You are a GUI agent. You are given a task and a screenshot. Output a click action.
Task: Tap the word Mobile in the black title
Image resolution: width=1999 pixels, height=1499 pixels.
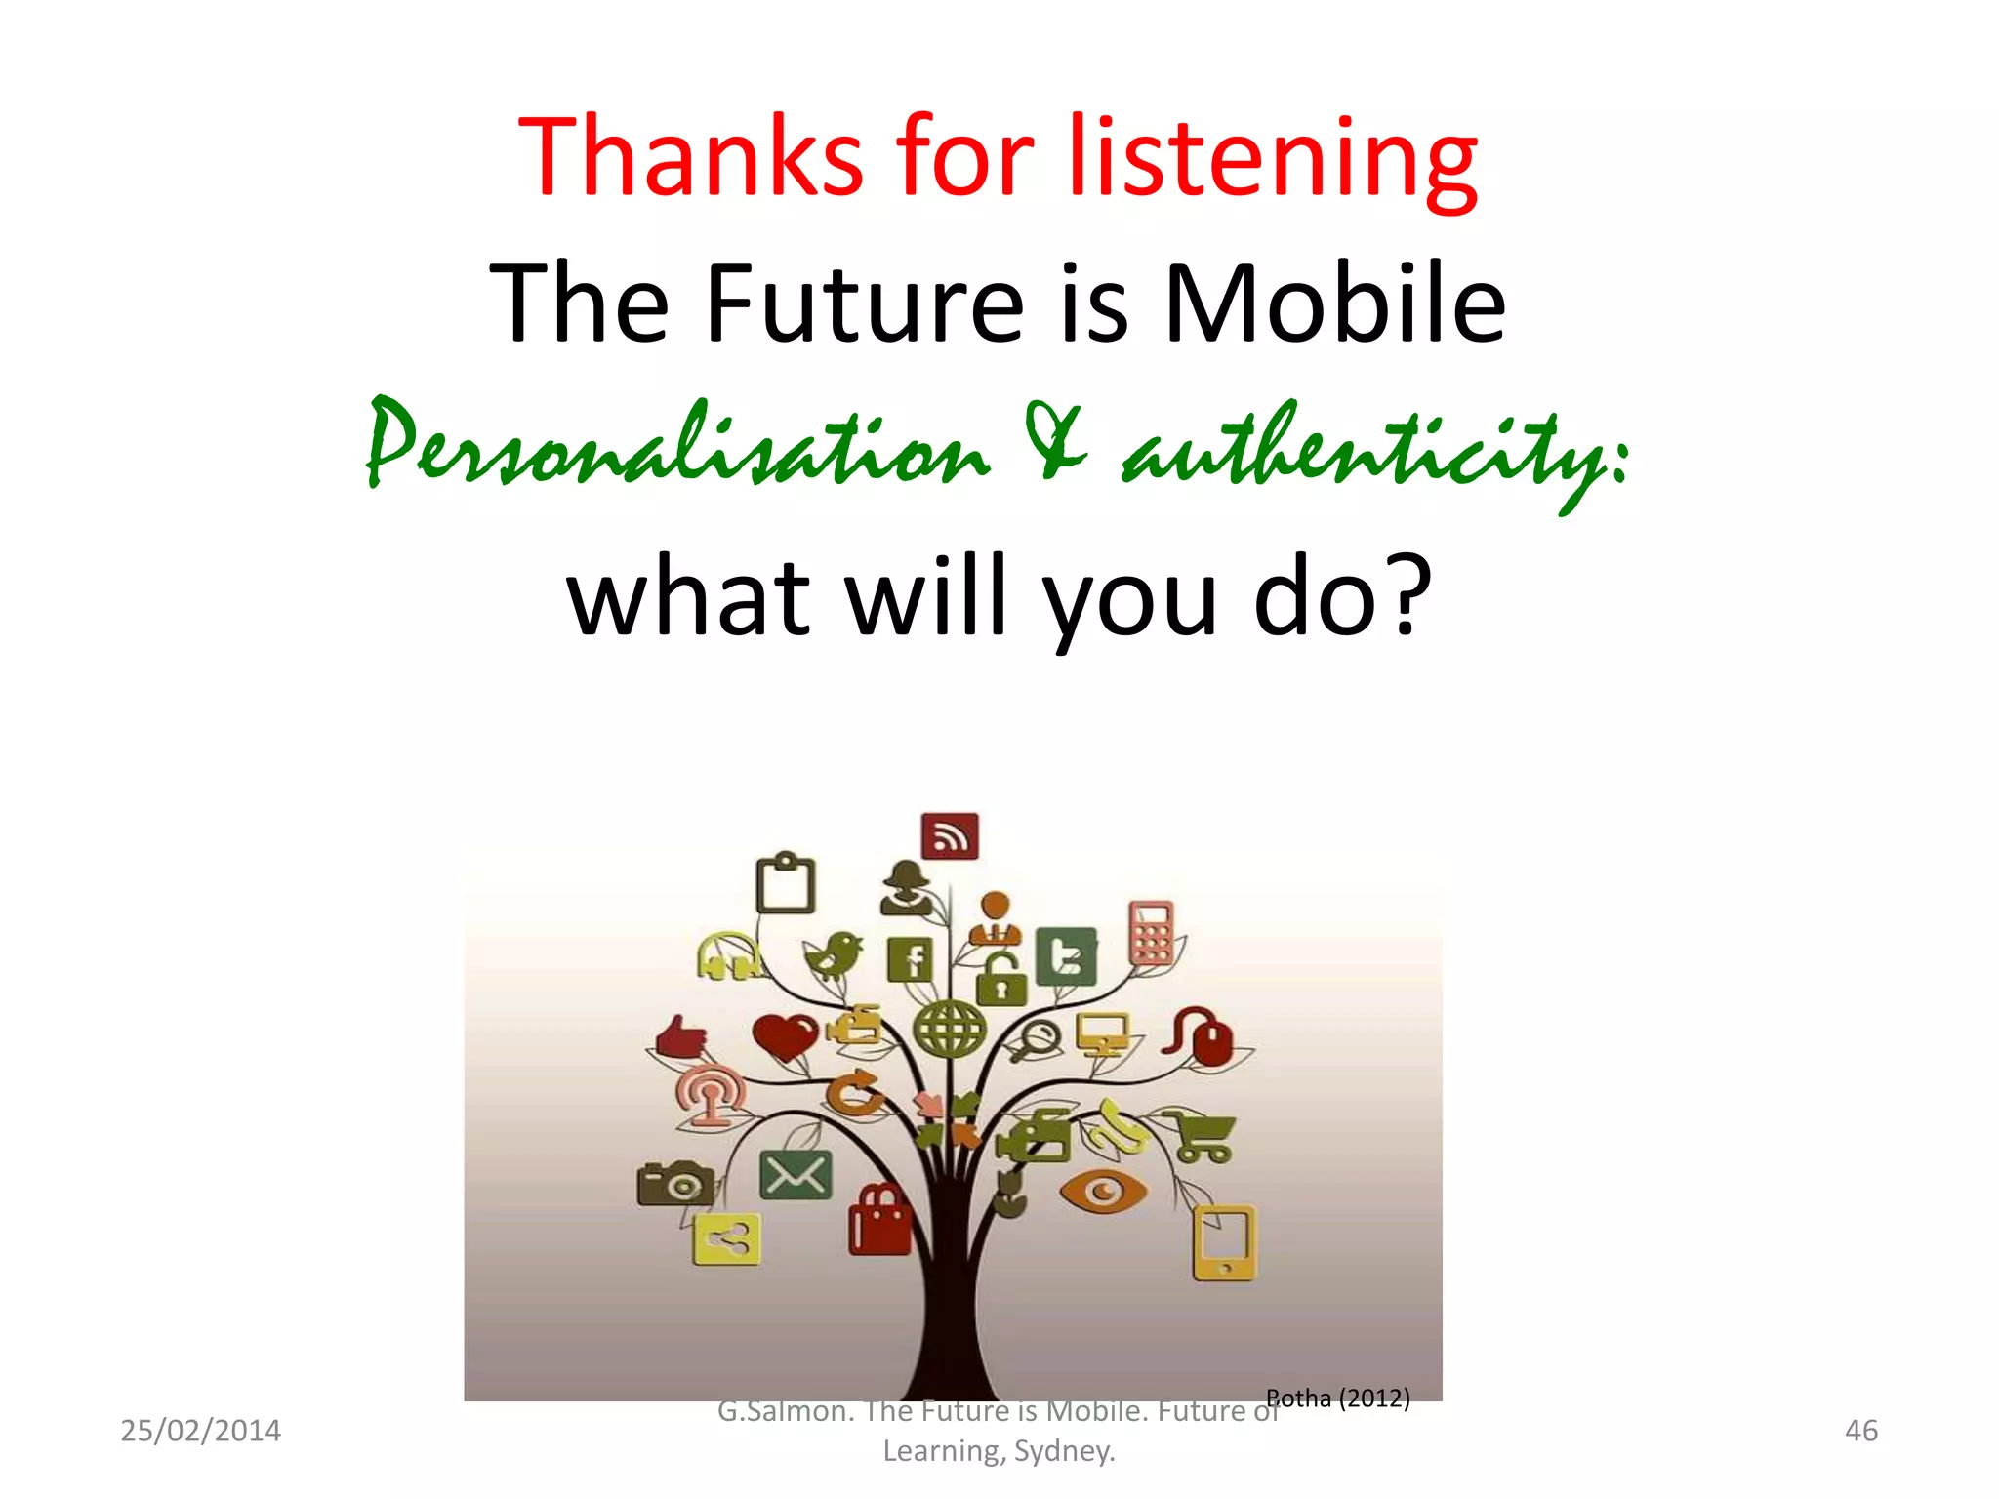(x=1334, y=304)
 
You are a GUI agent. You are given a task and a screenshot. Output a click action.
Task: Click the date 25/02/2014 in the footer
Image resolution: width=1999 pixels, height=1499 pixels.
(x=200, y=1431)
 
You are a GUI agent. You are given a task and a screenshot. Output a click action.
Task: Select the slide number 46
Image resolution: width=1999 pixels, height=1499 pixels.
(x=1860, y=1431)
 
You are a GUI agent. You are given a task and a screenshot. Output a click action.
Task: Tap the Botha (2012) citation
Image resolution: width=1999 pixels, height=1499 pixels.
(x=1338, y=1398)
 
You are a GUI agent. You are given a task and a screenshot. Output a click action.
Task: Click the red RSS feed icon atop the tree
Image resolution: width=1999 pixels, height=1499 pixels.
(x=950, y=836)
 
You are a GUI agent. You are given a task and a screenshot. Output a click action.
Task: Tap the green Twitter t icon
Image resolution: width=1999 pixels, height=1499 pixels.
(x=1066, y=957)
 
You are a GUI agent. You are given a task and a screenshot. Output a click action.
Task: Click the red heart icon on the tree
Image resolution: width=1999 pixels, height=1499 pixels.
(x=785, y=1036)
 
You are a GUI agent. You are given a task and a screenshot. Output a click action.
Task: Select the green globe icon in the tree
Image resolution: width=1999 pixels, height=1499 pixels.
(x=949, y=1029)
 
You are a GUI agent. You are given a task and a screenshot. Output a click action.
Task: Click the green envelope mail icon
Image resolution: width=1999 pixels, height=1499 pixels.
(x=796, y=1175)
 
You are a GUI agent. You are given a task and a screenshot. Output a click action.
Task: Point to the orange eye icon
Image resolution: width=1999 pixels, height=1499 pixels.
(x=1104, y=1191)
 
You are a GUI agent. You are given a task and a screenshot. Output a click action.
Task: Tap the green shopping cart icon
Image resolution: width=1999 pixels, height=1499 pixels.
(x=1202, y=1137)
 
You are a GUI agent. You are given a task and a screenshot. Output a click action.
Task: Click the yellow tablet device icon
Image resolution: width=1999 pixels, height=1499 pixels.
(x=1224, y=1243)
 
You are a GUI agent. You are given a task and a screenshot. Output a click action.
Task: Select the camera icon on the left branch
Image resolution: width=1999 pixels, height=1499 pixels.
(x=674, y=1183)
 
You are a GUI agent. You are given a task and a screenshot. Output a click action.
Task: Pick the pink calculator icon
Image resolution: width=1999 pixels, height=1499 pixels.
(x=1152, y=932)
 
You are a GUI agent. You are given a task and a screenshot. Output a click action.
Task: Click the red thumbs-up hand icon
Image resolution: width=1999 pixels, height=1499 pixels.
(x=681, y=1038)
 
